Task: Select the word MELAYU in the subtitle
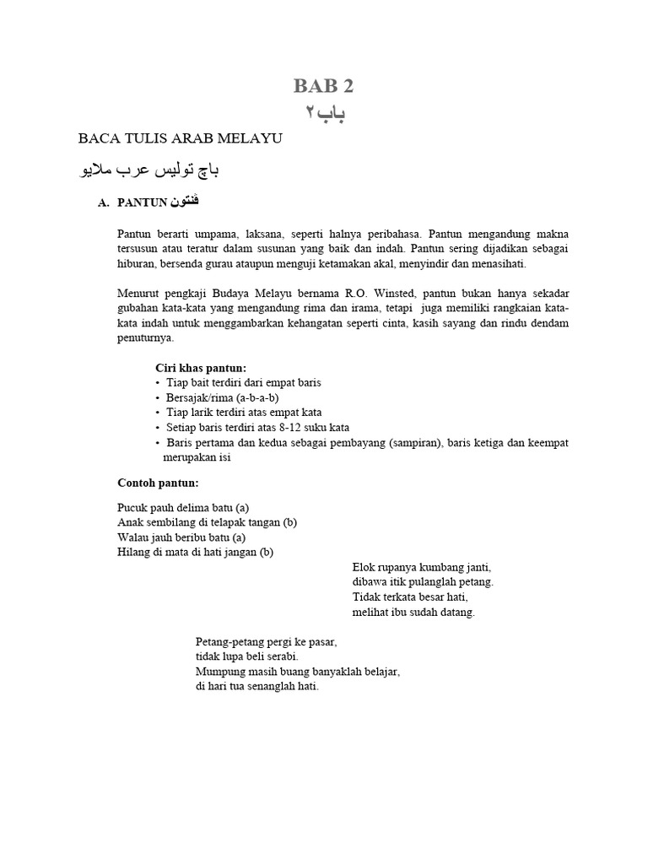point(251,138)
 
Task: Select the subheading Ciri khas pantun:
point(201,368)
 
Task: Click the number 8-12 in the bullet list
point(289,427)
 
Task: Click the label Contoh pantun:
point(158,483)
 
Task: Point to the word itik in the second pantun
point(393,582)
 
